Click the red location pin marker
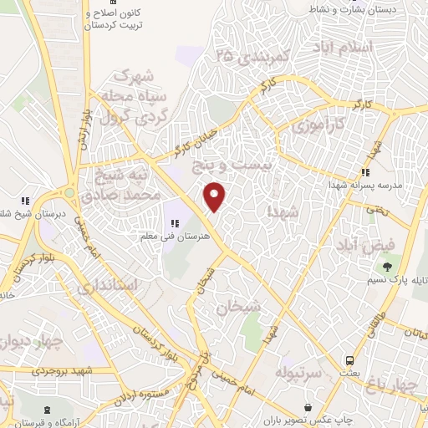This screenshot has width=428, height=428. [216, 196]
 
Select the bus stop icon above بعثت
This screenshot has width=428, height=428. [349, 360]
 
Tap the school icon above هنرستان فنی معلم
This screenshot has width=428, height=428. [176, 223]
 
